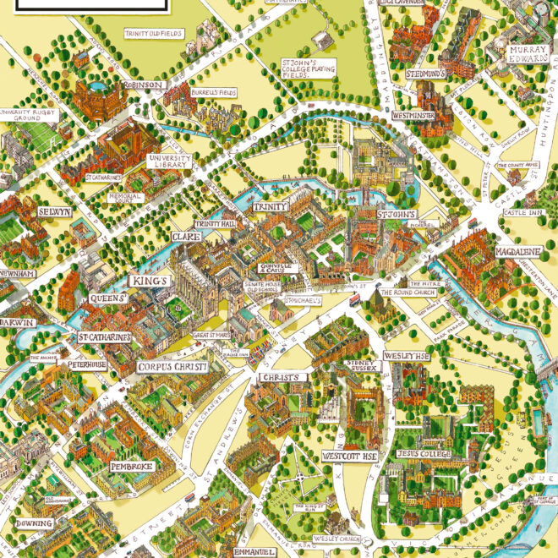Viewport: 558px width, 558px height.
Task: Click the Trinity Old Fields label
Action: coord(153,33)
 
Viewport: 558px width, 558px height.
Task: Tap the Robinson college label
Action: coord(141,85)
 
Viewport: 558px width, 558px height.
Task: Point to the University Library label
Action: coord(170,161)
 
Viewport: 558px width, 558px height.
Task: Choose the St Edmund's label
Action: coord(424,74)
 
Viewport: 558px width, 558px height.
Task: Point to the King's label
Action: coord(150,280)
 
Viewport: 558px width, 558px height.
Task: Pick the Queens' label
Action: coord(109,298)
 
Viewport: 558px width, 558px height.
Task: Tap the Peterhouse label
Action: coord(88,364)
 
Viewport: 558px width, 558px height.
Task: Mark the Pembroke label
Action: coord(131,467)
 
